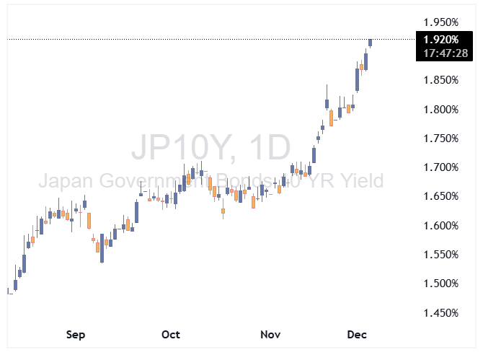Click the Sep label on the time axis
76,335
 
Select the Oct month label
171,335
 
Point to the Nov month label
270,335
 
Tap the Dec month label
358,335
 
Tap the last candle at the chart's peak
370,43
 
